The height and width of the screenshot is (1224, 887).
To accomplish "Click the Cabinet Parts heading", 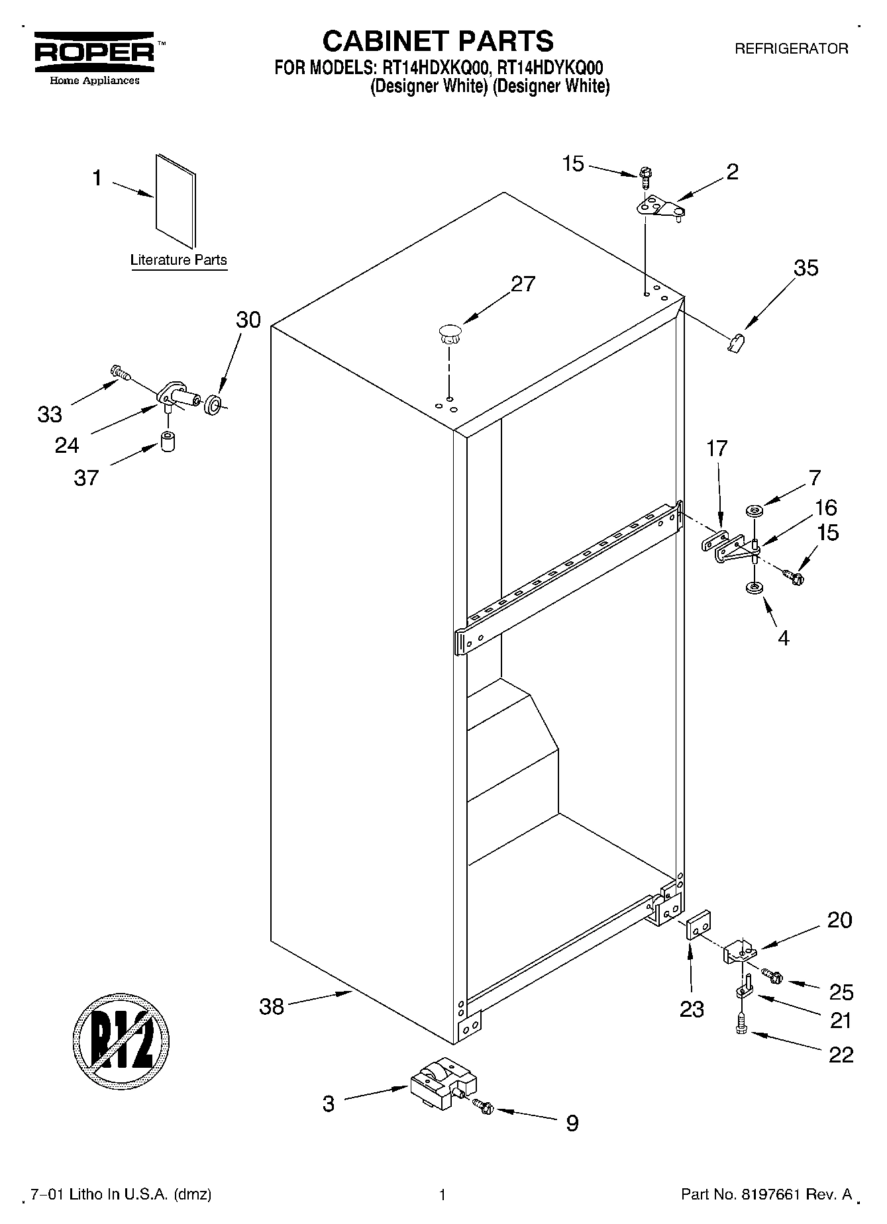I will [x=438, y=41].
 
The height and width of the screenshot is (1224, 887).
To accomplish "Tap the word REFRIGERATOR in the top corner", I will [x=791, y=49].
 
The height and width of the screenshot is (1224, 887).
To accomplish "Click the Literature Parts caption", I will [x=178, y=260].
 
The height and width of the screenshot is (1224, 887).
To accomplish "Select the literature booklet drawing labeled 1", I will [x=176, y=201].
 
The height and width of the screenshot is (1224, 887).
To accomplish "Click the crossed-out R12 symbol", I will [x=121, y=1045].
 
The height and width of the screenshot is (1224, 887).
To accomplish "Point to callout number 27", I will [x=523, y=284].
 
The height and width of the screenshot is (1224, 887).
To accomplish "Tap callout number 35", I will [x=806, y=268].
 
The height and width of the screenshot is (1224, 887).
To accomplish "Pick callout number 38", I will [x=272, y=1007].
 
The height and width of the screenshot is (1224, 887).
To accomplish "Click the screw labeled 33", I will [x=120, y=373].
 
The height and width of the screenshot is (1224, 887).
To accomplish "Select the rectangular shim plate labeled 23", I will [x=698, y=923].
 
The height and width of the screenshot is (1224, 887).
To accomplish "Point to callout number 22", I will [x=841, y=1054].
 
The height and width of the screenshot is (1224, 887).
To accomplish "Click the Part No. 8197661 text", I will [x=766, y=1195].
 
